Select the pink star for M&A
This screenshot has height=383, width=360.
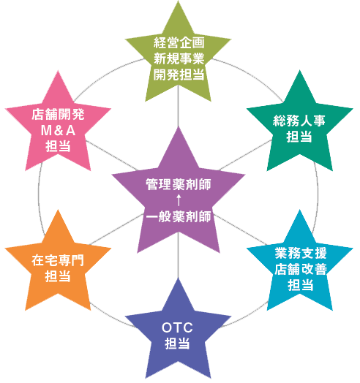pyautogui.click(x=58, y=127)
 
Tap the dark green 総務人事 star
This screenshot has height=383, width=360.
pyautogui.click(x=299, y=127)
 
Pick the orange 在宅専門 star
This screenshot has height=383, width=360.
pyautogui.click(x=58, y=266)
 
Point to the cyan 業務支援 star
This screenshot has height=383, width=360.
pyautogui.click(x=299, y=266)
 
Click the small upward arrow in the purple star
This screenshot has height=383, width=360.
pyautogui.click(x=179, y=200)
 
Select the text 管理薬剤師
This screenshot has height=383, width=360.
pyautogui.click(x=179, y=184)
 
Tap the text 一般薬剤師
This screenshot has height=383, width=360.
pyautogui.click(x=179, y=216)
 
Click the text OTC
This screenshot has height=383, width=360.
pyautogui.click(x=177, y=327)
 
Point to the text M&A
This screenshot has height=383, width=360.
pyautogui.click(x=58, y=130)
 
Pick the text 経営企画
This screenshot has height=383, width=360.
pyautogui.click(x=179, y=42)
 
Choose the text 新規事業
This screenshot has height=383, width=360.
pyautogui.click(x=179, y=58)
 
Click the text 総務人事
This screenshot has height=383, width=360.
pyautogui.click(x=299, y=121)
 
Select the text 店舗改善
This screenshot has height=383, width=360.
pyautogui.click(x=301, y=269)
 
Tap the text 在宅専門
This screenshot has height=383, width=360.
pyautogui.click(x=58, y=260)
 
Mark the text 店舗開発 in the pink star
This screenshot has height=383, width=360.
pyautogui.click(x=58, y=115)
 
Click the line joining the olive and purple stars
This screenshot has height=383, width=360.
pyautogui.click(x=179, y=106)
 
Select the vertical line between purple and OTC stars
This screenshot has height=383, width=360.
pyautogui.click(x=179, y=256)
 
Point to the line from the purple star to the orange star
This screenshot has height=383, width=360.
pyautogui.click(x=116, y=229)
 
